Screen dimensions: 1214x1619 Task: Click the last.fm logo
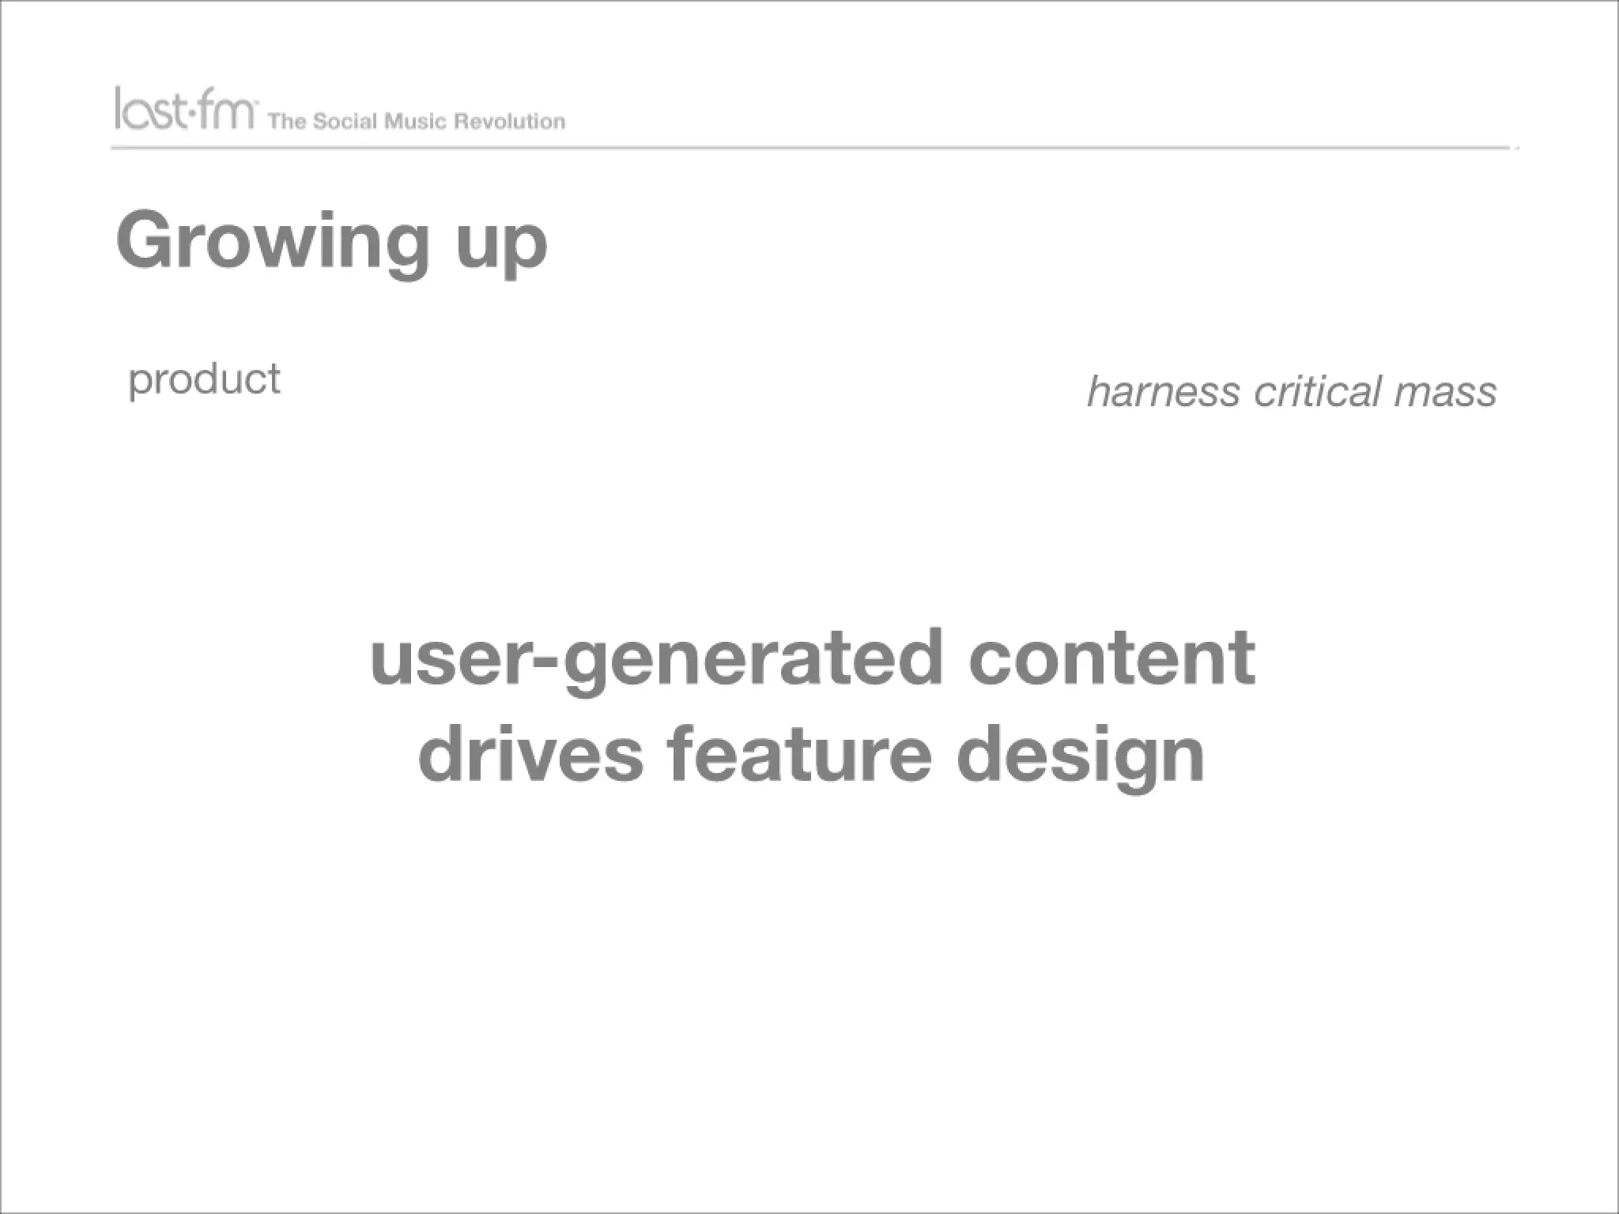coord(185,109)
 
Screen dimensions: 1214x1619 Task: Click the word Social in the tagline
coord(345,122)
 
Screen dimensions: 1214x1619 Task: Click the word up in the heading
coord(501,245)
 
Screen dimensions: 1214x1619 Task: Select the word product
coord(204,380)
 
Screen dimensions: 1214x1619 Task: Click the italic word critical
coord(1317,392)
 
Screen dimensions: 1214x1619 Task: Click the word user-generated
coord(656,660)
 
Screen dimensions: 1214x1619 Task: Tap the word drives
coord(530,754)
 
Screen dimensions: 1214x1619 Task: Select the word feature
coord(799,754)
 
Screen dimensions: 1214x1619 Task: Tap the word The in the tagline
coord(286,122)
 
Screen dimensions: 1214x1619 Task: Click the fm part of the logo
coord(228,110)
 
